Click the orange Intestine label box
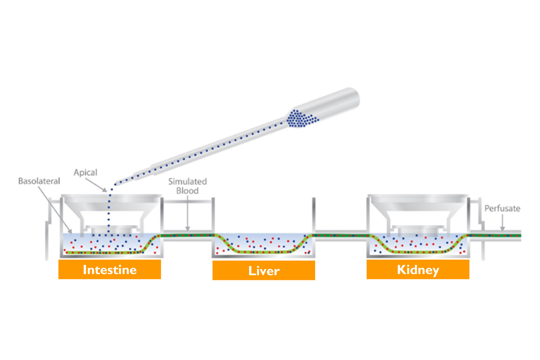tap(110, 270)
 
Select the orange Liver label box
tap(264, 270)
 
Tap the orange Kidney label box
tap(418, 270)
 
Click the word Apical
tap(85, 173)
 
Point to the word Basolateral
tap(39, 181)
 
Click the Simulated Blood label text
tap(187, 186)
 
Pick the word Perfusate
tap(502, 208)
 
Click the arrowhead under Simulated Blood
tap(187, 228)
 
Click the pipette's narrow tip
tap(137, 175)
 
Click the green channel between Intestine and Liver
tap(187, 235)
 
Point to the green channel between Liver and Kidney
tap(340, 235)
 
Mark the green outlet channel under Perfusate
tap(495, 235)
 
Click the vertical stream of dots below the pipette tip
tap(109, 211)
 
